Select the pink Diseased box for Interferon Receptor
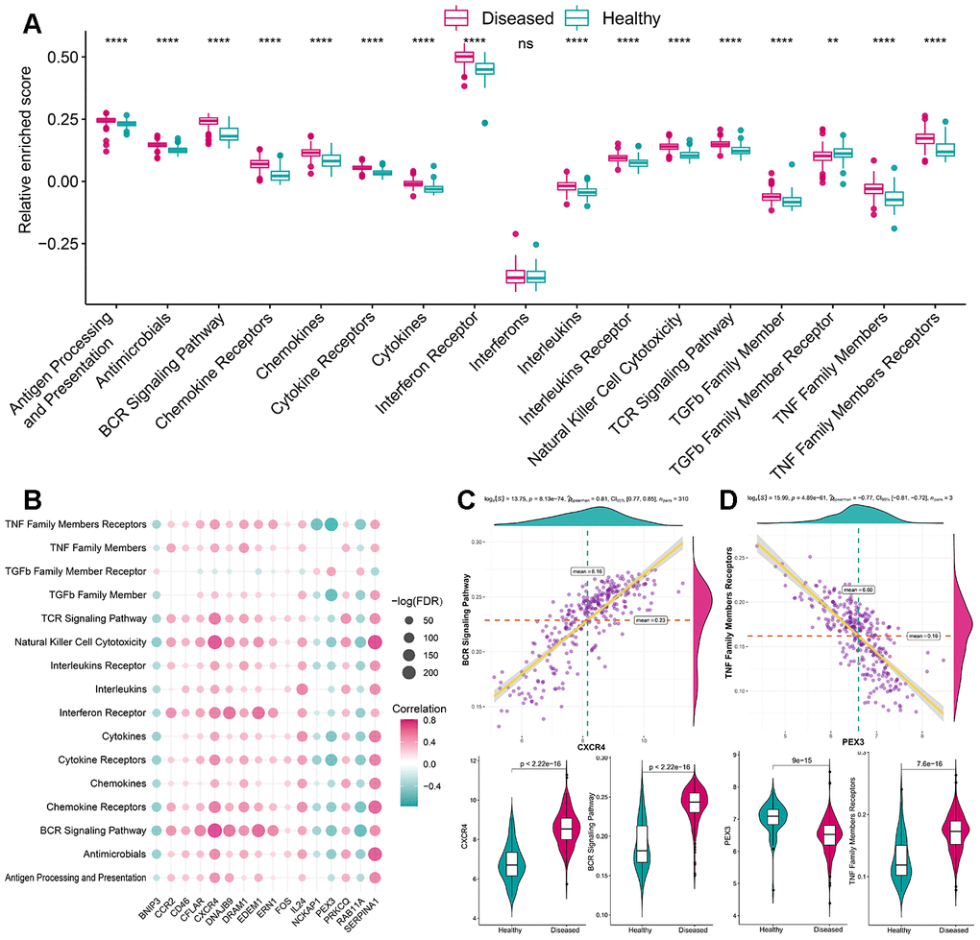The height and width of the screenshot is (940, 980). point(464,58)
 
